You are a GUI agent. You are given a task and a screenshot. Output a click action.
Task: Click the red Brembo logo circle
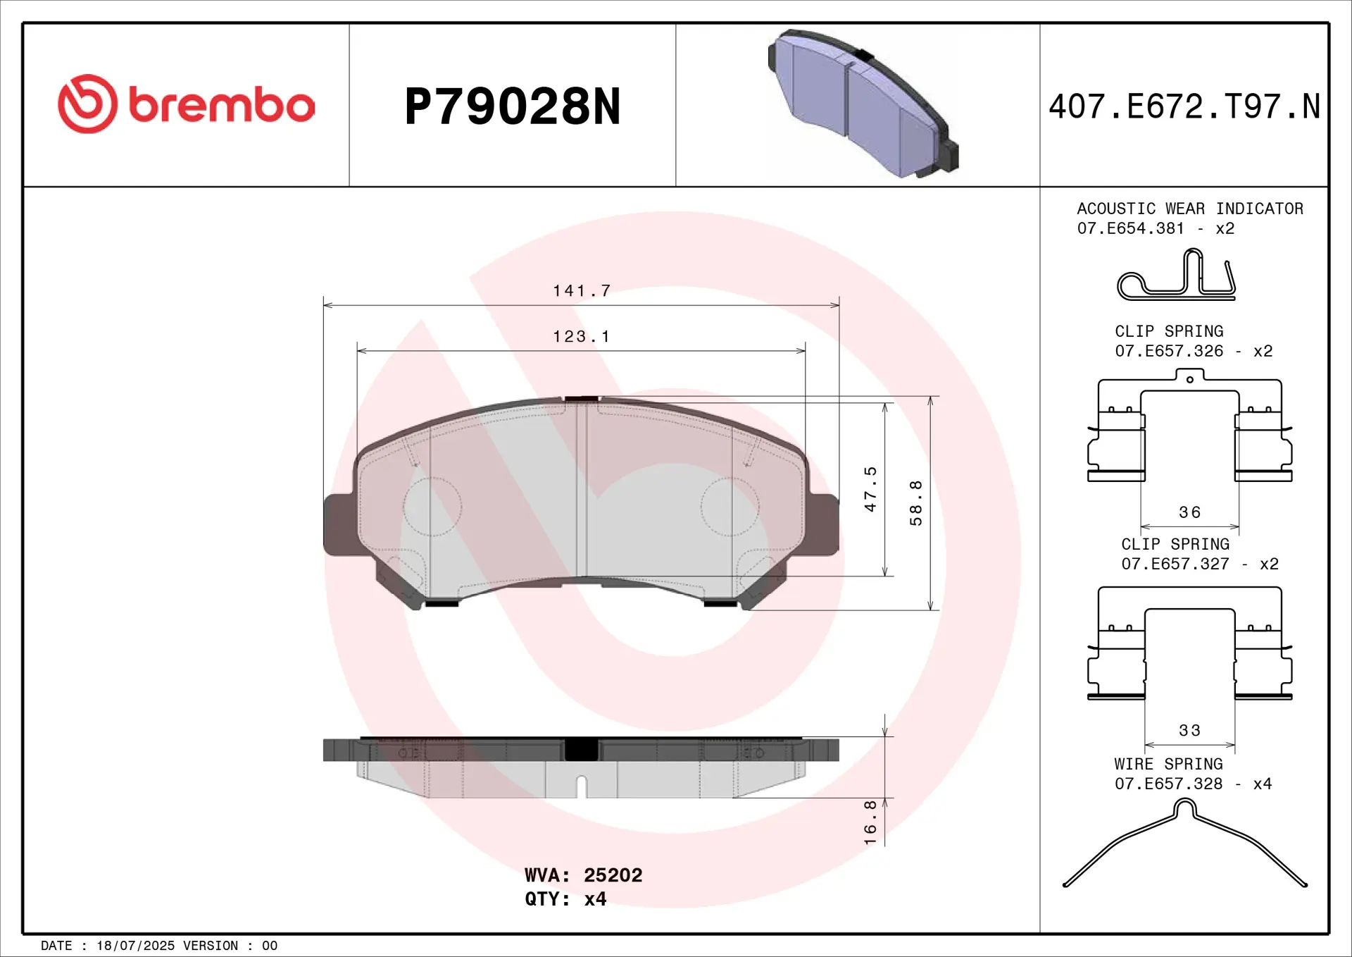[x=87, y=104]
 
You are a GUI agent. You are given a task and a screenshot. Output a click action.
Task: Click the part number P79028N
[x=513, y=107]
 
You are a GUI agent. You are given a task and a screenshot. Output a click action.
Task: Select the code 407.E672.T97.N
[x=1184, y=106]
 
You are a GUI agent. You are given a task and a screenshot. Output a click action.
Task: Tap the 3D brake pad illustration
[x=863, y=104]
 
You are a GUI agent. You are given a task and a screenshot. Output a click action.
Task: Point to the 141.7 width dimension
[x=582, y=290]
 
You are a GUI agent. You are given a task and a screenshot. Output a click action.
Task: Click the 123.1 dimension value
[x=581, y=336]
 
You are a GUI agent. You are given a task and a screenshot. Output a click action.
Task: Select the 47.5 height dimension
[x=870, y=489]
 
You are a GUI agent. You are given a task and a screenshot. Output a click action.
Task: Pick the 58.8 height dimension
[x=915, y=503]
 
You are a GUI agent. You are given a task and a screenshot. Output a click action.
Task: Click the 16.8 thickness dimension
[x=870, y=822]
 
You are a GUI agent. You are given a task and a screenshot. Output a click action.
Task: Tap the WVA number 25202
[x=613, y=875]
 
